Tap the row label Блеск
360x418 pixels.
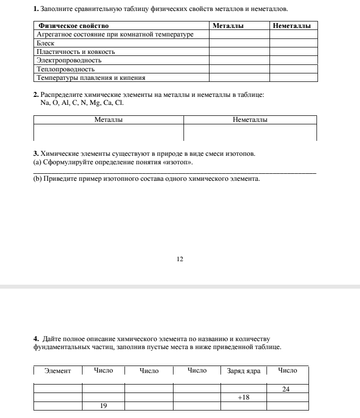point(45,43)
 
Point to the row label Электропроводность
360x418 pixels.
point(69,60)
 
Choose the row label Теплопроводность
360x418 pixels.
point(65,69)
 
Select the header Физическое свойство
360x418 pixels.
point(73,25)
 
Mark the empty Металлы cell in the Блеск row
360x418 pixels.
point(239,43)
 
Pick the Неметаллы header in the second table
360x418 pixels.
point(250,120)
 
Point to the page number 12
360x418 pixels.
point(180,259)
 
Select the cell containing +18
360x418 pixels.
point(243,397)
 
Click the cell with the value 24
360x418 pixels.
point(286,389)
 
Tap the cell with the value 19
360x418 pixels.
point(103,406)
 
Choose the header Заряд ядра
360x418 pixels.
point(243,371)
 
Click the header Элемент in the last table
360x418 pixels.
point(57,371)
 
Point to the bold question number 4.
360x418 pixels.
point(36,339)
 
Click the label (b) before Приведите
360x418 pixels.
point(37,178)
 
